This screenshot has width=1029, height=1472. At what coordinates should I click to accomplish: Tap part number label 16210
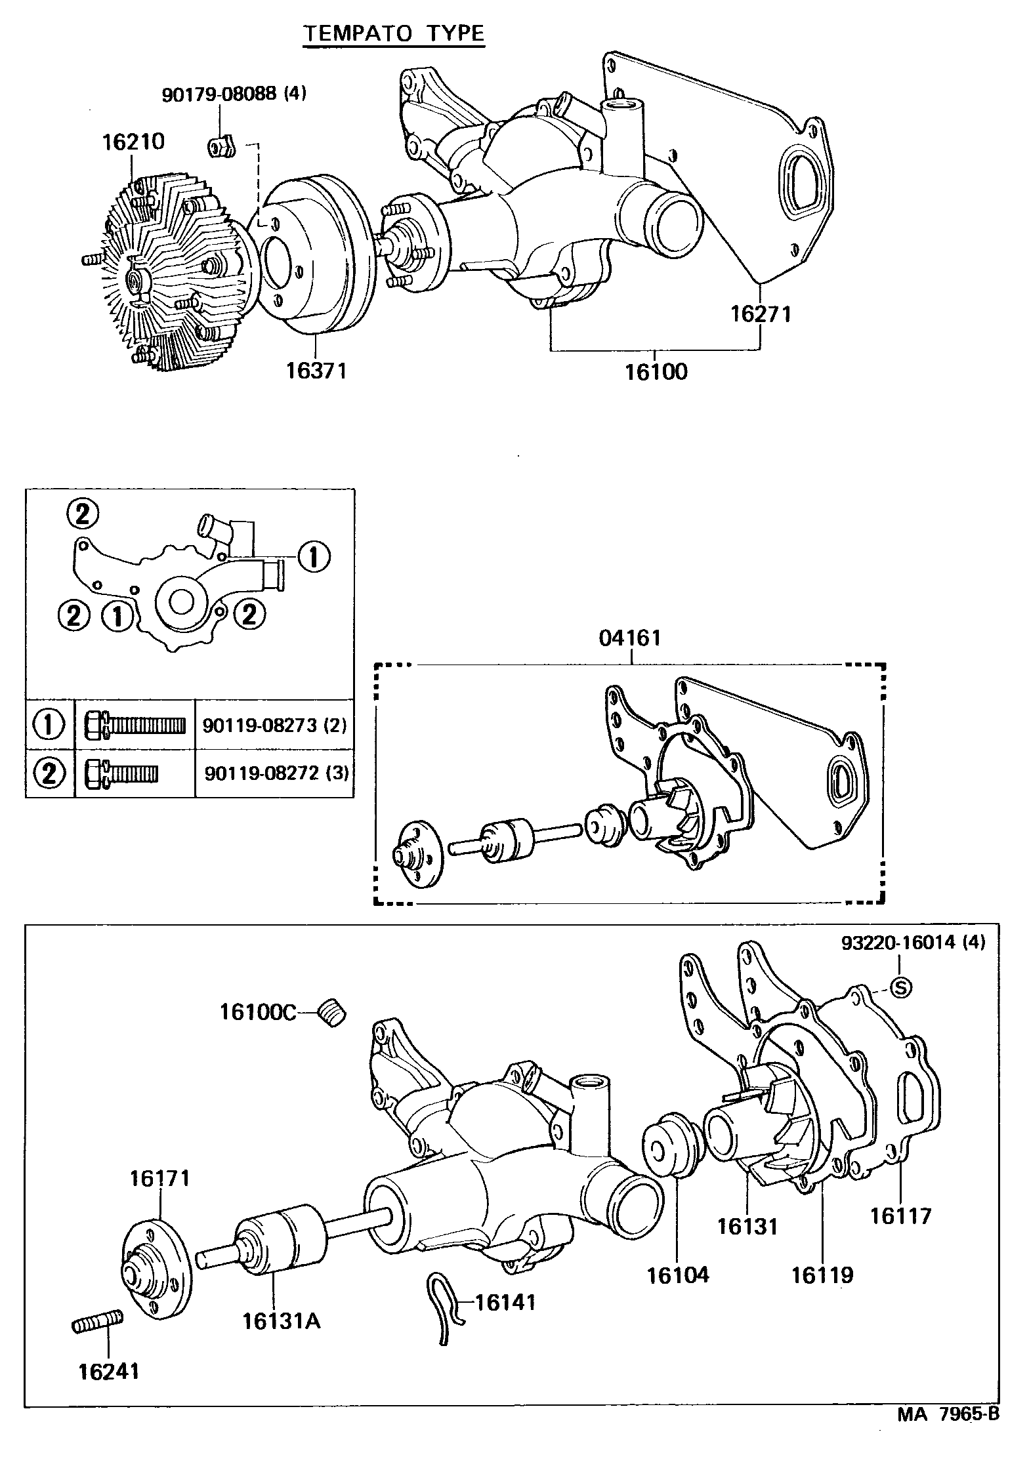133,142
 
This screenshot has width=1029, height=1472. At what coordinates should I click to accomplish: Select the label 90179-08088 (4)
234,94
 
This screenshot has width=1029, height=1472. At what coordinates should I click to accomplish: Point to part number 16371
315,371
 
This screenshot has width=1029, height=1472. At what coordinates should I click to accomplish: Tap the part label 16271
761,314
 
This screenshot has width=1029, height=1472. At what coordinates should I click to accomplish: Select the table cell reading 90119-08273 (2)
274,726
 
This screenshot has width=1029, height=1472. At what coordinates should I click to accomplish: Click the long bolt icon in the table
135,725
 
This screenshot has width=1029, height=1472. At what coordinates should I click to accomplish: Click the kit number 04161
630,638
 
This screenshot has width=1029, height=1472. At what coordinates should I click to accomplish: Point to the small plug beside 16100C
332,1013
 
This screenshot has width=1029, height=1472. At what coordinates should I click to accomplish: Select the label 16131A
282,1320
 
